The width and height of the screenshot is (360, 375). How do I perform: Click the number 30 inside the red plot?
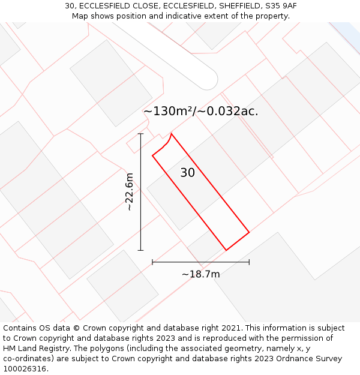pos(187,173)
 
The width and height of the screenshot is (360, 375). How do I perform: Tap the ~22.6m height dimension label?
pos(129,191)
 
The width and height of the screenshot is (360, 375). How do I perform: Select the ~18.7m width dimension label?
pos(200,274)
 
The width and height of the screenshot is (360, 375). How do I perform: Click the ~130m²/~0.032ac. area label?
pos(200,111)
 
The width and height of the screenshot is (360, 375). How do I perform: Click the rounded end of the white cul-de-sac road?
pos(207,79)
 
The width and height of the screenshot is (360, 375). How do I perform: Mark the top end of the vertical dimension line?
pos(141,133)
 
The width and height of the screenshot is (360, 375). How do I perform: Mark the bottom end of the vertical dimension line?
pos(141,250)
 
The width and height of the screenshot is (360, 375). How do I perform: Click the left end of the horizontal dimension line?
pos(152,262)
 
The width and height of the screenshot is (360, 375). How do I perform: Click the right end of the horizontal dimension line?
pos(249,262)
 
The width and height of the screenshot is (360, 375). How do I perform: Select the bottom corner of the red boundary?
pos(226,250)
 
